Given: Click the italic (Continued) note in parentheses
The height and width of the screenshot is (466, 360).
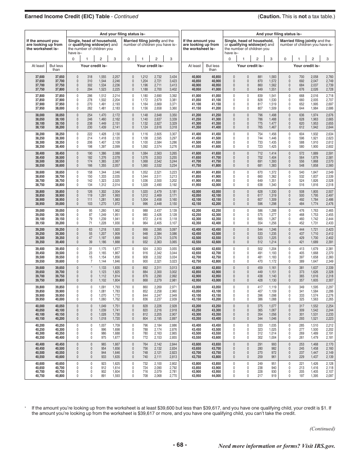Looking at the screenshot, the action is tap(322, 428).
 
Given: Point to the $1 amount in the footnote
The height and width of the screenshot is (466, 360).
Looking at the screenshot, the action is tap(327, 408).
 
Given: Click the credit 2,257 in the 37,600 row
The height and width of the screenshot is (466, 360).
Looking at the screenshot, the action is tap(116, 77).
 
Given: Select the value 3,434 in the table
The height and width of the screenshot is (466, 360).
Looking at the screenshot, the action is tap(173, 77).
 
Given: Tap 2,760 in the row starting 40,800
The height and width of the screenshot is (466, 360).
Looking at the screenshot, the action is tap(329, 77).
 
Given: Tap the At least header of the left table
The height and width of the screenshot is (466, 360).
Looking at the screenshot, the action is tap(38, 66).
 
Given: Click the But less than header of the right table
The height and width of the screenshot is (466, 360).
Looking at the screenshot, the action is tap(213, 67).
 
